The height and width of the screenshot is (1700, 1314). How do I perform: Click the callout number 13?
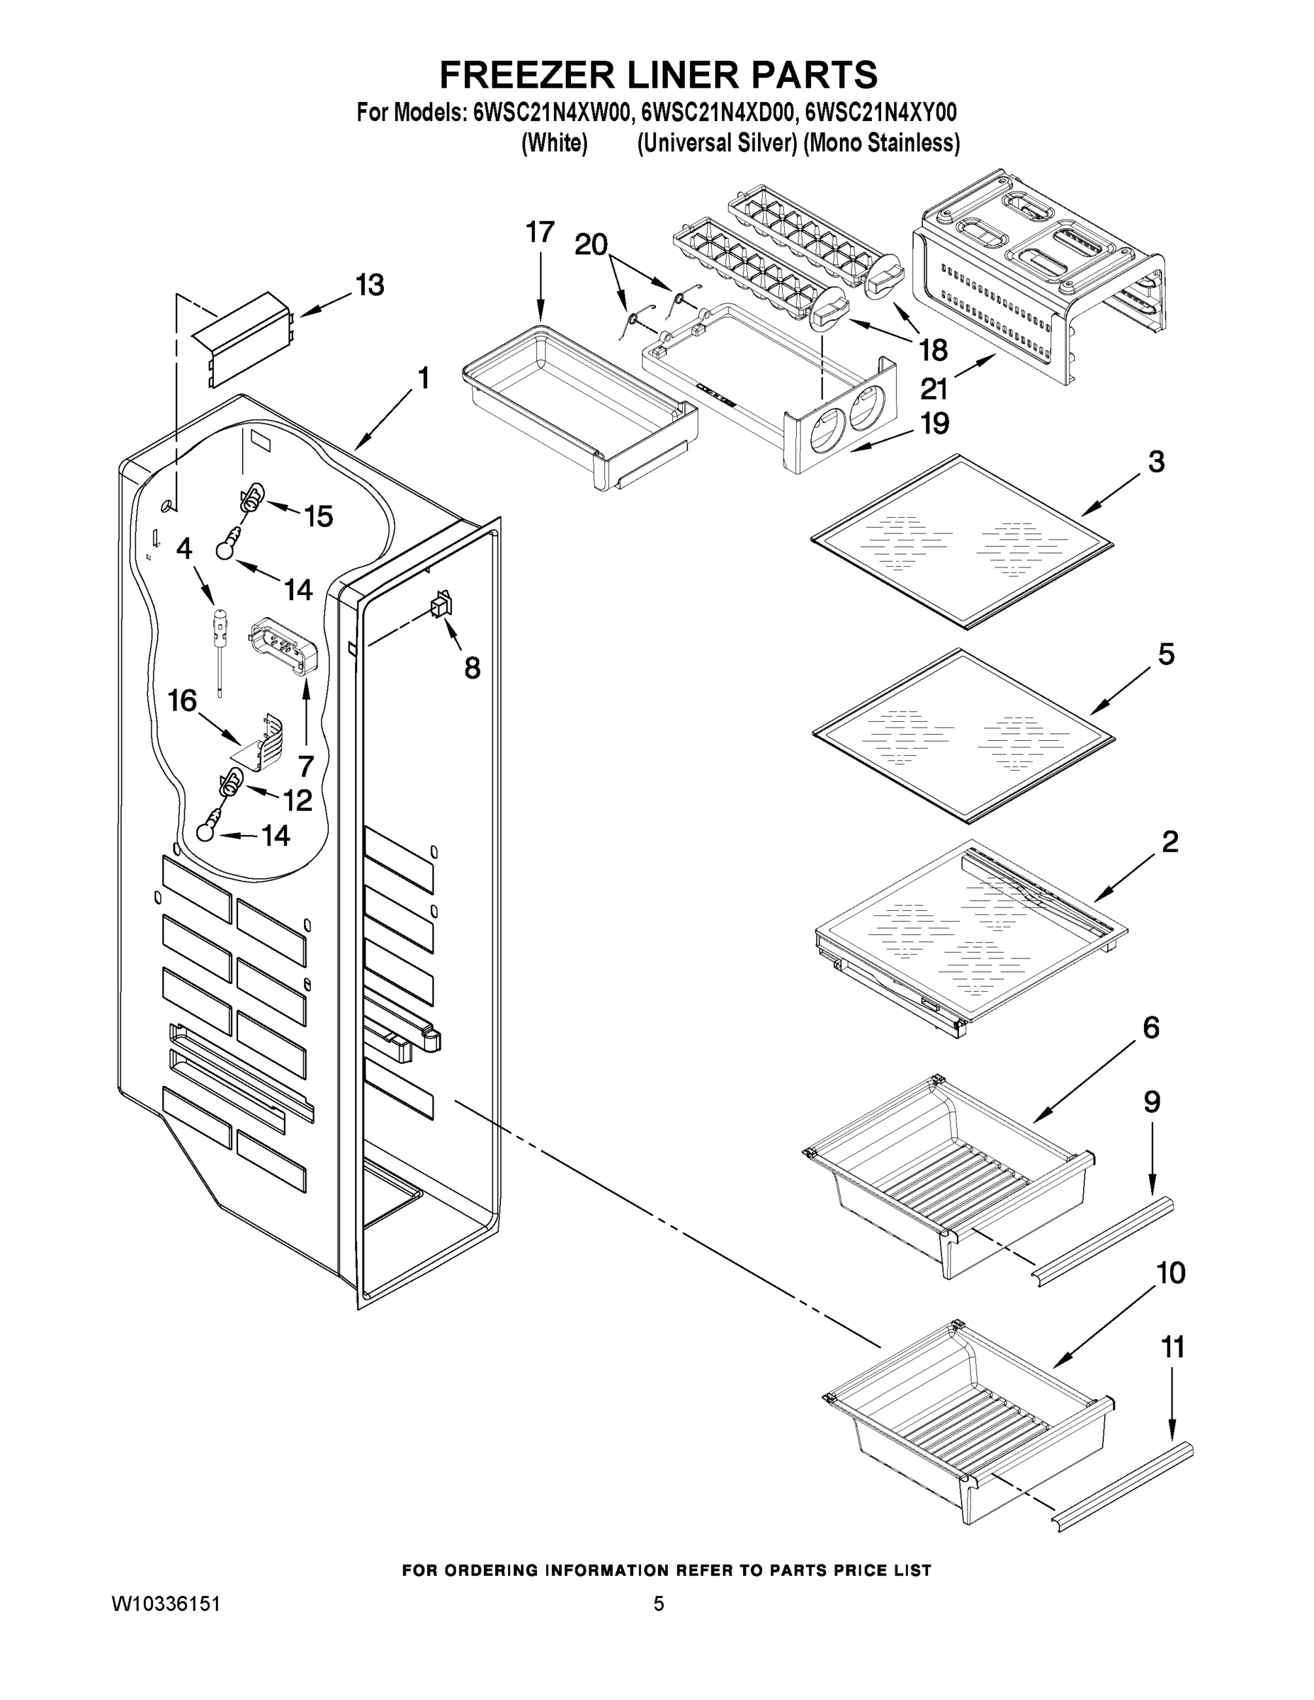(370, 285)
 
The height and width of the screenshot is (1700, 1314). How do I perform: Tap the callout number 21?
(934, 388)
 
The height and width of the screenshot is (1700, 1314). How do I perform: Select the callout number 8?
(472, 668)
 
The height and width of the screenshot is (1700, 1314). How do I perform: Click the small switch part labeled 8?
(443, 604)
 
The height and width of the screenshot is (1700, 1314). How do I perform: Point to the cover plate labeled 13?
(242, 337)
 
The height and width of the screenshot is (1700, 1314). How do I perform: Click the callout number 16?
(182, 701)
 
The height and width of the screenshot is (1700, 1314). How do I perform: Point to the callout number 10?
(1170, 1273)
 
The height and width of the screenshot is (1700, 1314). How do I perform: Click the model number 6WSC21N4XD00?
(717, 113)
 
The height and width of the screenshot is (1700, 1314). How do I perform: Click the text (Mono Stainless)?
(881, 144)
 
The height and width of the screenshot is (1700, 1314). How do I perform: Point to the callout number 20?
(591, 244)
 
